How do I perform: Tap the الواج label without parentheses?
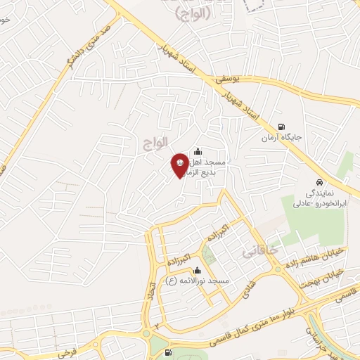pyautogui.click(x=157, y=141)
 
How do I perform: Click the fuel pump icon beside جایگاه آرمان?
pyautogui.click(x=282, y=127)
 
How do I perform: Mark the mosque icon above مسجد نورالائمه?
pyautogui.click(x=197, y=270)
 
